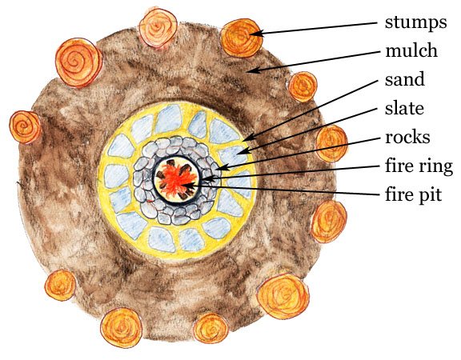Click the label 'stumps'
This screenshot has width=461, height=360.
point(415,23)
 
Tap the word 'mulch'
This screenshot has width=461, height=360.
point(411,50)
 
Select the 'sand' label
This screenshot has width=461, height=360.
point(405,79)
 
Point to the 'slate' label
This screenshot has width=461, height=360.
point(404,108)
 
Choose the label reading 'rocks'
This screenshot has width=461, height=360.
point(407,137)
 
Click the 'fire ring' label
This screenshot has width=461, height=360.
point(419,166)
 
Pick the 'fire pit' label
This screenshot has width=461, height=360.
point(413,195)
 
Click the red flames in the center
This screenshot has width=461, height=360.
point(176,180)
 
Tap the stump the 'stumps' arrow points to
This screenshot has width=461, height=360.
point(242,38)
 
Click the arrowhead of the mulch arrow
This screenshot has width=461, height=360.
point(251,70)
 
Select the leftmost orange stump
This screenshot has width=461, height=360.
point(25,127)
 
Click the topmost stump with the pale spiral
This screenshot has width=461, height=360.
point(158,28)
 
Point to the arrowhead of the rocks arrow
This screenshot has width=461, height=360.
point(222,168)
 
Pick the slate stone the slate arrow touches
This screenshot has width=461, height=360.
point(233,155)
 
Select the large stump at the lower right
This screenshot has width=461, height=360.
point(283,296)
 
